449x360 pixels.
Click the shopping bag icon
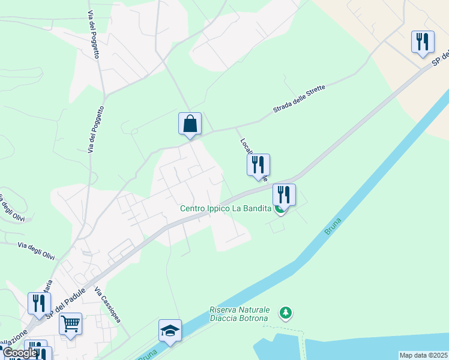click(190, 124)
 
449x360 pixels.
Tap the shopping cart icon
click(70, 324)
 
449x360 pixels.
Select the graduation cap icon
click(170, 330)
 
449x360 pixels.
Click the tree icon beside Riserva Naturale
click(286, 313)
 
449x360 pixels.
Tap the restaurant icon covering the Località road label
click(258, 165)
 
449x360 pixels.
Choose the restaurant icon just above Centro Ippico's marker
click(284, 194)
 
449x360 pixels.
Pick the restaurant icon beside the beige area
click(423, 42)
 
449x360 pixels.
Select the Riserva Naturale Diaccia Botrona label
click(240, 314)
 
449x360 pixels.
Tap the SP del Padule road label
click(65, 301)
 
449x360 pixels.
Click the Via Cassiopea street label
click(107, 305)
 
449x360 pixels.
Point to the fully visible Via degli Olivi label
click(36, 251)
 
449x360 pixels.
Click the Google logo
click(19, 353)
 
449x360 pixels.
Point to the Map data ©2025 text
click(424, 355)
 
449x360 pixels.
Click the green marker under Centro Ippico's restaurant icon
click(279, 210)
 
